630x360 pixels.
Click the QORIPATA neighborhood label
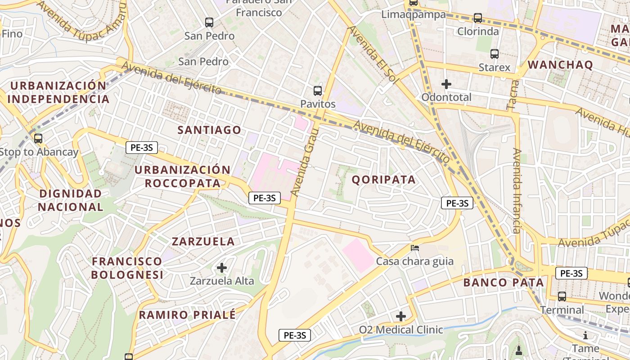(383, 180)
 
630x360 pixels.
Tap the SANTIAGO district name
(209, 130)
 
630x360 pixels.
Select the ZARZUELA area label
(203, 241)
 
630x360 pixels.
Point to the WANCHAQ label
(560, 65)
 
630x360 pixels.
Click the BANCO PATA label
(504, 283)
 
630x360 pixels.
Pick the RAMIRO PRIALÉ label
(187, 315)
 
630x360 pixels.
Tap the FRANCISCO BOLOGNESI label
(127, 268)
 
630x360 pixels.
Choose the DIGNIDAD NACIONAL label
(71, 200)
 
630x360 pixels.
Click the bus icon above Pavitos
(318, 90)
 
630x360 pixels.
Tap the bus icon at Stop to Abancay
(38, 139)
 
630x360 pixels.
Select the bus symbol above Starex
(495, 54)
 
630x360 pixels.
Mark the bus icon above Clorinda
(478, 18)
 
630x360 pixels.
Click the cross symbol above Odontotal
(446, 84)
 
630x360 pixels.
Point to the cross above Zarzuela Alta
(222, 268)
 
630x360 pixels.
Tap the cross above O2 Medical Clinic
(401, 316)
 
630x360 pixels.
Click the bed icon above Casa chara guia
(415, 248)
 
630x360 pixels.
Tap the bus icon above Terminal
(562, 297)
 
